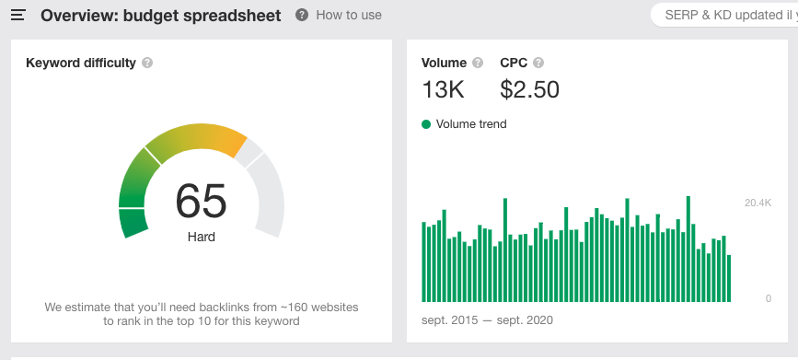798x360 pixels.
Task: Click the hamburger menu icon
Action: (x=17, y=16)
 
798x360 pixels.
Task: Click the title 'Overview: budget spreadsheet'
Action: (x=161, y=16)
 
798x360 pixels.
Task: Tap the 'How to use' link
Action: (x=348, y=16)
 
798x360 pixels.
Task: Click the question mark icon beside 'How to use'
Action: (x=302, y=16)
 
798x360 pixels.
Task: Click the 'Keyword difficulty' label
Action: (x=81, y=64)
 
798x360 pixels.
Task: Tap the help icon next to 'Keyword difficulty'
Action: (x=147, y=64)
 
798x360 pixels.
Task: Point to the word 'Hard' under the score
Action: (x=202, y=237)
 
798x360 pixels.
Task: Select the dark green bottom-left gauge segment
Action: (x=133, y=222)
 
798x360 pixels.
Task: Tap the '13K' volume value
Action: (x=443, y=89)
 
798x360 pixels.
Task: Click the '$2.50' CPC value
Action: (x=529, y=89)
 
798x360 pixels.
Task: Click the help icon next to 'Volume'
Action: (x=478, y=64)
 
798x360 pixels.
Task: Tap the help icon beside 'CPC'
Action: (x=538, y=64)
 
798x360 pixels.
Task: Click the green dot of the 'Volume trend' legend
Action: (x=426, y=124)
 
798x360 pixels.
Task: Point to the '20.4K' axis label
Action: (x=758, y=202)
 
